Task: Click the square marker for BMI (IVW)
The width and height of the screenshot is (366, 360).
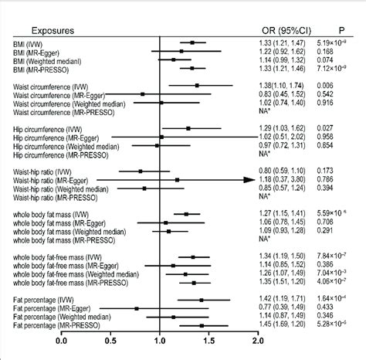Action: [191, 42]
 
